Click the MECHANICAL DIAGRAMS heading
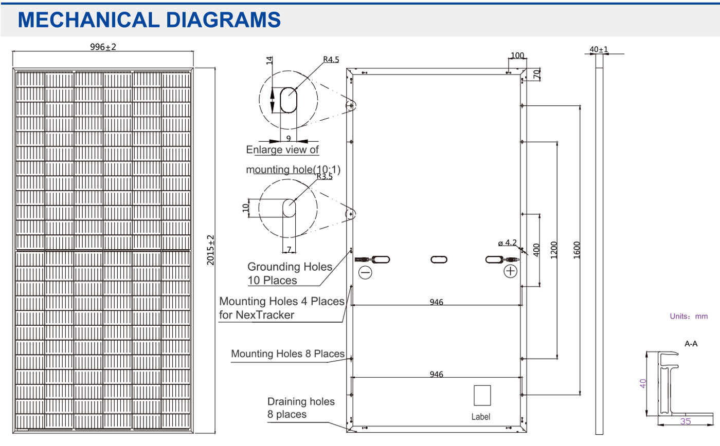coord(149,20)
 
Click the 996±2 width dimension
coord(103,47)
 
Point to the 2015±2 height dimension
coord(210,250)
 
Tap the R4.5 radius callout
coord(331,60)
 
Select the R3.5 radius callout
coord(325,176)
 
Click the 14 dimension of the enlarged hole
coord(268,60)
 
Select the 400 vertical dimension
coord(536,250)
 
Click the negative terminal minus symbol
coord(365,272)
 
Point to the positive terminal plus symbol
coord(510,271)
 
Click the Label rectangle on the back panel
coord(482,395)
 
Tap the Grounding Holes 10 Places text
coord(290,273)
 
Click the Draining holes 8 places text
coord(301,407)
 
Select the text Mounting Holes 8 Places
coord(287,354)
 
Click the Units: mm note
coord(688,317)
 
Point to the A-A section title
coord(691,343)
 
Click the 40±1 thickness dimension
coord(599,49)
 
